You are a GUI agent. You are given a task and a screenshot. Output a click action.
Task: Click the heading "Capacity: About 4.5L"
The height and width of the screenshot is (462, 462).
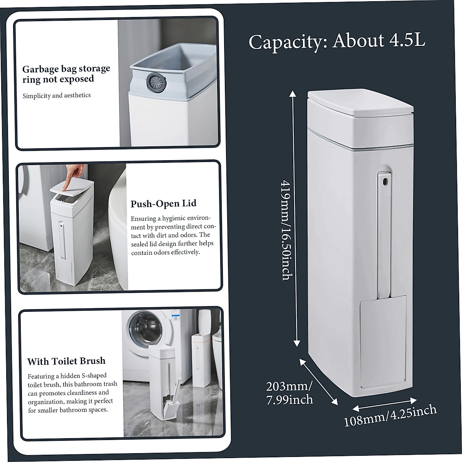[337, 41]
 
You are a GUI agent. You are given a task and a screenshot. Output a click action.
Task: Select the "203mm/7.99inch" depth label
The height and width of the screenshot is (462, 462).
[289, 393]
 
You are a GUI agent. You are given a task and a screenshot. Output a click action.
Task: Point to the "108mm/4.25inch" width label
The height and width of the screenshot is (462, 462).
[390, 415]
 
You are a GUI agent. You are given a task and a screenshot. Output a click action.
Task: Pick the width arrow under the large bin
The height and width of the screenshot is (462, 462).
[385, 404]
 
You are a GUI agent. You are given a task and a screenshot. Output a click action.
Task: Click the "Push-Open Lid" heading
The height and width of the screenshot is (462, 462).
[163, 204]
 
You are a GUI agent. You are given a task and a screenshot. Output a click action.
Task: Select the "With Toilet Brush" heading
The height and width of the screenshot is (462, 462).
[66, 361]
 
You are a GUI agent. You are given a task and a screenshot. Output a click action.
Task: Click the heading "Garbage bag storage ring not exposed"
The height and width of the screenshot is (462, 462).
[66, 74]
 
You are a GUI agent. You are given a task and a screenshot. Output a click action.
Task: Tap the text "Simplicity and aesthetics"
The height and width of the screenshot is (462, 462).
[57, 95]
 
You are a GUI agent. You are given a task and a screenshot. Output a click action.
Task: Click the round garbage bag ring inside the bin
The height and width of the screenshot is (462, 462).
[156, 81]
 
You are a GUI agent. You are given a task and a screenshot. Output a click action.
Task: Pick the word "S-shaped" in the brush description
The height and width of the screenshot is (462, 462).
[94, 376]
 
